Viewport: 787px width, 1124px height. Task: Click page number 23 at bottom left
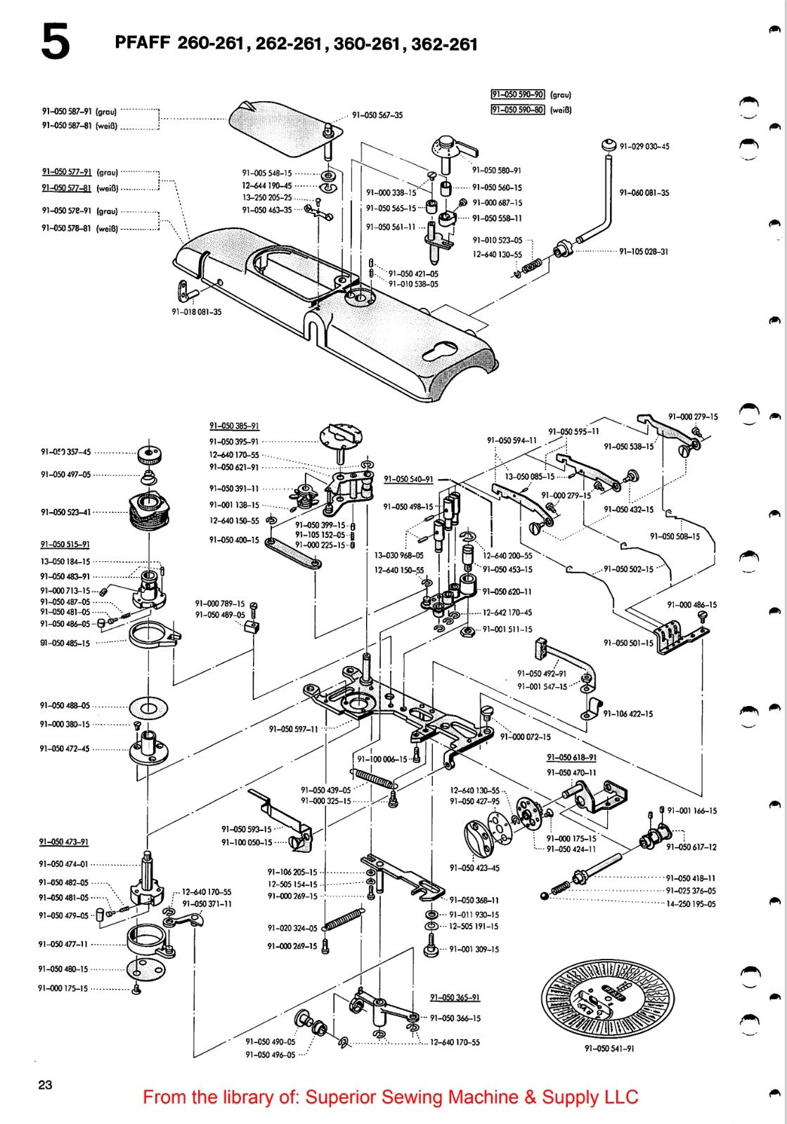(45, 1085)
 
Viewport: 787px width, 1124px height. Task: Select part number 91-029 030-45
(644, 147)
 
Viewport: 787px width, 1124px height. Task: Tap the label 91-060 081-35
(644, 192)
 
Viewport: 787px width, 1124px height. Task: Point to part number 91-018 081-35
(197, 312)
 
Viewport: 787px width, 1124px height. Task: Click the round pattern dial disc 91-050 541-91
(607, 998)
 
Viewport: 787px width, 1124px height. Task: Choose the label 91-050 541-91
(609, 1049)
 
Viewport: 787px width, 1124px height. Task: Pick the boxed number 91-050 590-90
(518, 94)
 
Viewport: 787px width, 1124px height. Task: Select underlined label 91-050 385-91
(234, 426)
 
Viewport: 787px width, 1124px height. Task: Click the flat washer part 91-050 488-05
(148, 705)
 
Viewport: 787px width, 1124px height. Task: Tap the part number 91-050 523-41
(65, 512)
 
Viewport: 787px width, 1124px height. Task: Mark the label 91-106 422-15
(627, 714)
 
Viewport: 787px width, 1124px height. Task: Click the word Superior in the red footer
(338, 1097)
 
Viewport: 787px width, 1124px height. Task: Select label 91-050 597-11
(293, 729)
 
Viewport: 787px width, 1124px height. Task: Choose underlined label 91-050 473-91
(64, 842)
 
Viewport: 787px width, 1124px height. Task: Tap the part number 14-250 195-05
(691, 904)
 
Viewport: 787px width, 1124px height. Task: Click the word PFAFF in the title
(143, 43)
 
